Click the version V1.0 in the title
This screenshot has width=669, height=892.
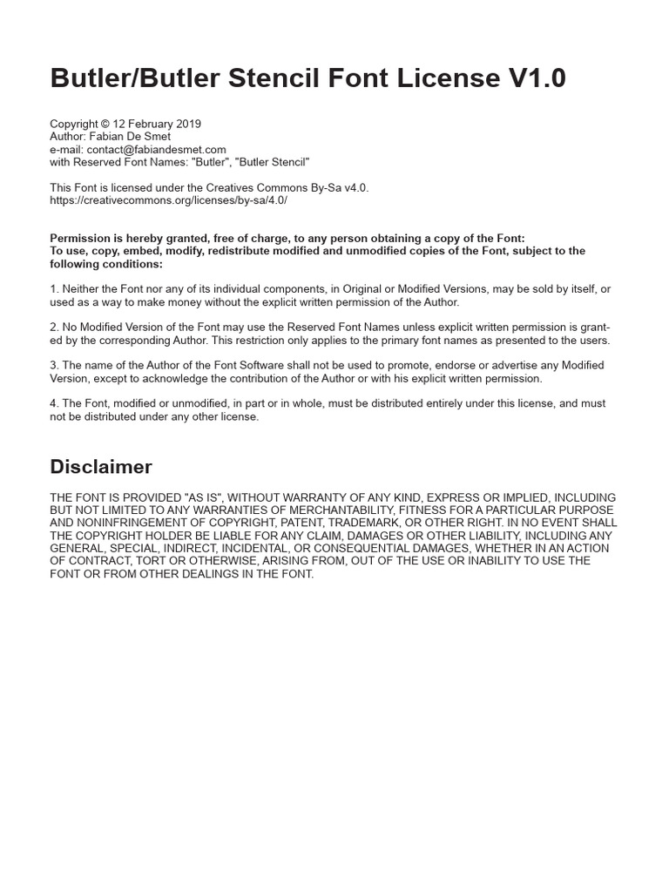(536, 78)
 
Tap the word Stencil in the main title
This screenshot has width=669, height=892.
(287, 78)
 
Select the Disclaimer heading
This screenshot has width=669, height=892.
(101, 467)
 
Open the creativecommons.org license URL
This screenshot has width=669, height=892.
(168, 200)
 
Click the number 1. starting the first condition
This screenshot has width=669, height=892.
(54, 289)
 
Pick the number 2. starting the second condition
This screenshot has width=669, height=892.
(54, 328)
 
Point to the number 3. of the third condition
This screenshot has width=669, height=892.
(54, 366)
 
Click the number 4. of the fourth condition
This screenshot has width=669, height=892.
(54, 404)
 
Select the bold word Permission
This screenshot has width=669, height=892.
(79, 239)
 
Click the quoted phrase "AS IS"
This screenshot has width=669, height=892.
(201, 497)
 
